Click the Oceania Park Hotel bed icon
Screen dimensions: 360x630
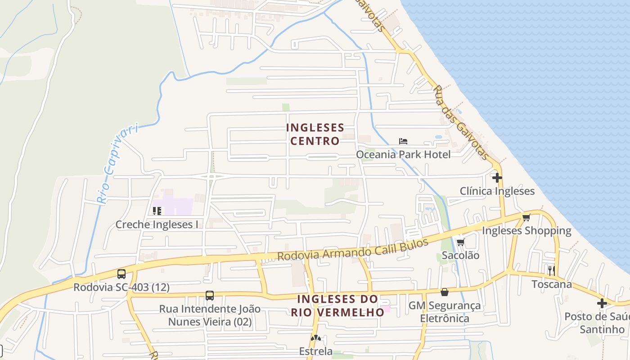(x=403, y=141)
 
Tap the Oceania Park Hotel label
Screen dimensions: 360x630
(x=403, y=154)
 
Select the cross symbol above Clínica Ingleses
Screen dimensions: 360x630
(x=497, y=178)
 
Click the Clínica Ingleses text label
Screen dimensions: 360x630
(x=497, y=191)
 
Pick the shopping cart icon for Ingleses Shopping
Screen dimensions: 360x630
(x=526, y=218)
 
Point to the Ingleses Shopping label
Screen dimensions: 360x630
(x=526, y=231)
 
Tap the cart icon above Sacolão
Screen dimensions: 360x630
(x=460, y=243)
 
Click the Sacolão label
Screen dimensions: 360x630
(x=460, y=256)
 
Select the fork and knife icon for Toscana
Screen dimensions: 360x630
(x=551, y=270)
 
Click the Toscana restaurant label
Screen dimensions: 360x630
(x=552, y=284)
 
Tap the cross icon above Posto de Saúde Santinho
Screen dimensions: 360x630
(x=602, y=303)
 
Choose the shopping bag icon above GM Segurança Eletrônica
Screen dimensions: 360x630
(x=444, y=292)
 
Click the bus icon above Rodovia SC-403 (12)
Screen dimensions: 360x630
(x=121, y=274)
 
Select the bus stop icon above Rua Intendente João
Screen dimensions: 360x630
(x=209, y=296)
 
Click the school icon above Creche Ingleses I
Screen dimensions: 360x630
(x=157, y=211)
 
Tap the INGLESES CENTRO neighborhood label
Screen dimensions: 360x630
(x=315, y=134)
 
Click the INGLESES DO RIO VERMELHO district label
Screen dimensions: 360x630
(x=337, y=306)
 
